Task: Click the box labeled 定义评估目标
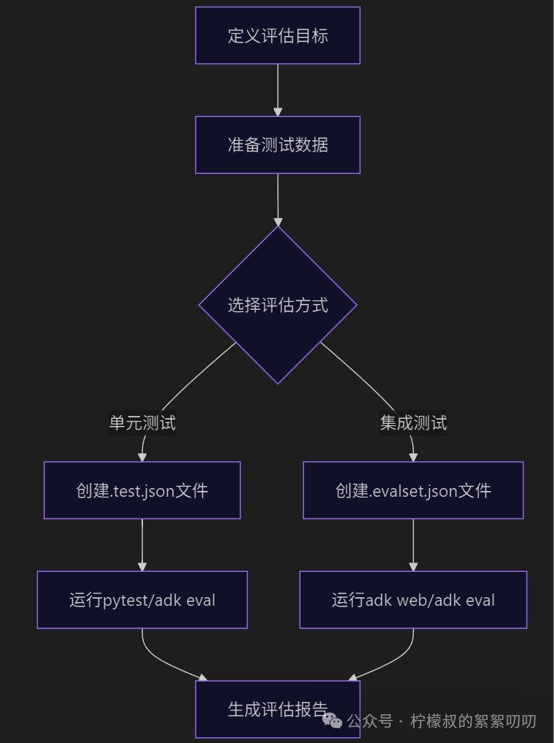[277, 35]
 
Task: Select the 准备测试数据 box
[277, 144]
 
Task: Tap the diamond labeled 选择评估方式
[277, 305]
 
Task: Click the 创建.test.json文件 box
[142, 490]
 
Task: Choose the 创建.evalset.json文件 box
[413, 490]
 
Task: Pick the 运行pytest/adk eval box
[142, 599]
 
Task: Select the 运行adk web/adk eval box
[413, 599]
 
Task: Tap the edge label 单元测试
[142, 422]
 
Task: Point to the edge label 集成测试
[413, 422]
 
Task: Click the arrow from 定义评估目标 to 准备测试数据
[277, 90]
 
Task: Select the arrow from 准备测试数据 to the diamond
[277, 199]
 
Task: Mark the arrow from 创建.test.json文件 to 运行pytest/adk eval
[142, 544]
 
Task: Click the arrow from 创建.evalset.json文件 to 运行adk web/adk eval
[413, 544]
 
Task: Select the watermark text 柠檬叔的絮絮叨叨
[473, 721]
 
